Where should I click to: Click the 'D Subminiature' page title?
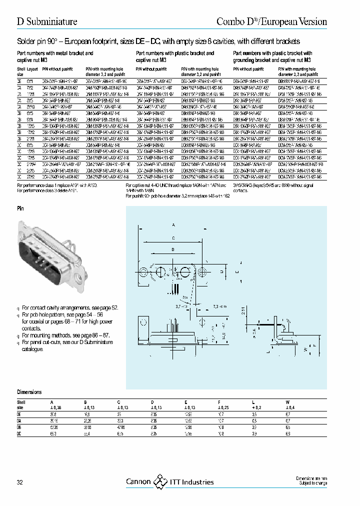pos(47,21)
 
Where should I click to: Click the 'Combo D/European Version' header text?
pos(272,21)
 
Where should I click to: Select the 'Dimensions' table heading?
pos(29,392)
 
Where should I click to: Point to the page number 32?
pos(20,482)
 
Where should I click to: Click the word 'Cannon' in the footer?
pos(137,482)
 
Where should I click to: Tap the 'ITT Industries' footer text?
pos(192,482)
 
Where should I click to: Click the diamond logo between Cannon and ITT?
pos(160,481)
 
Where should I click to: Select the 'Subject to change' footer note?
pos(312,484)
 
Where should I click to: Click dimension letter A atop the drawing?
pos(173,225)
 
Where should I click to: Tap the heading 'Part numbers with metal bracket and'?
pos(55,52)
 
